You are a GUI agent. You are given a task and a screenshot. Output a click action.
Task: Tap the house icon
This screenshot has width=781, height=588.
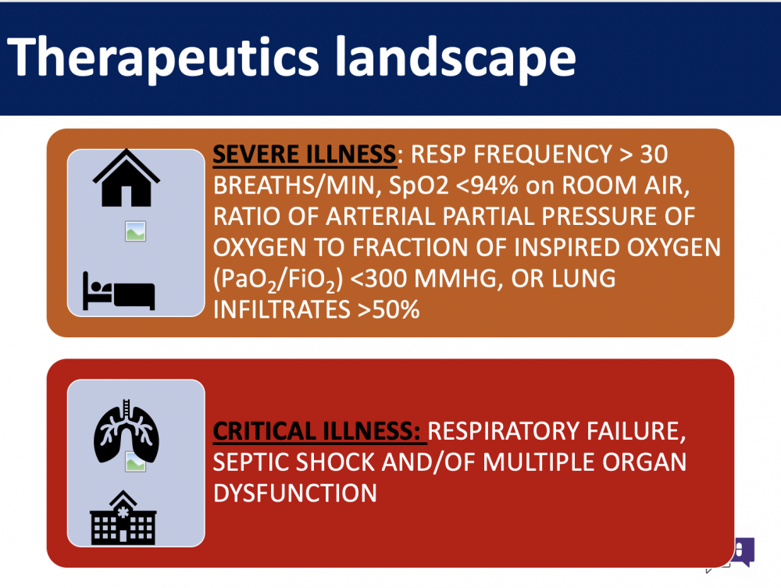[x=126, y=178]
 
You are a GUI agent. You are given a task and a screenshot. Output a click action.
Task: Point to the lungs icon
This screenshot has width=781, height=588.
[x=127, y=431]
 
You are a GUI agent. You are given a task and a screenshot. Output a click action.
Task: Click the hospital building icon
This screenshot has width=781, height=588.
[x=123, y=517]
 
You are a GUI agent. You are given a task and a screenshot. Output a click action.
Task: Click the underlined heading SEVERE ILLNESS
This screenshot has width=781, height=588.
[x=305, y=155]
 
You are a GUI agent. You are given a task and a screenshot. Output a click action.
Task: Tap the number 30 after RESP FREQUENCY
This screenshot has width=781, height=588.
[x=654, y=155]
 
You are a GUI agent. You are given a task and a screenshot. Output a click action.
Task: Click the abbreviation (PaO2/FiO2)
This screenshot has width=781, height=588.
[x=278, y=280]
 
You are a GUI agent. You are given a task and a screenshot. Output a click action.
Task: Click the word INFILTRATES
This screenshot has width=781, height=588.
[x=282, y=310]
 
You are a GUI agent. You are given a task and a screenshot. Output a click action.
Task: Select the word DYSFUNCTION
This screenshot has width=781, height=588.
[x=295, y=494]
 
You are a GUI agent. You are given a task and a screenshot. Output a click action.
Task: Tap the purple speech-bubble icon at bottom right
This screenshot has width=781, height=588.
[x=744, y=551]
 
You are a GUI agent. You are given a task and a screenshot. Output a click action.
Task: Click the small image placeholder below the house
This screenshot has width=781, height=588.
[x=135, y=231]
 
